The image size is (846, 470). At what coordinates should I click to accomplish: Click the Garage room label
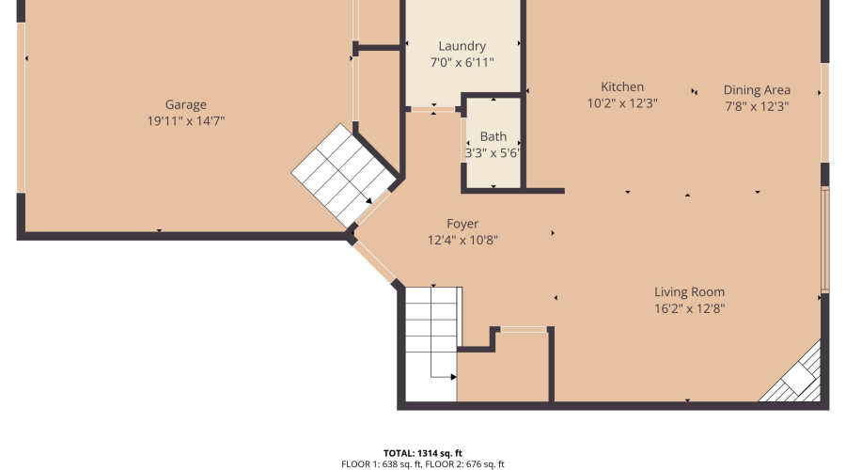point(185,104)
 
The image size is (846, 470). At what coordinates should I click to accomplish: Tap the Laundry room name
point(462,46)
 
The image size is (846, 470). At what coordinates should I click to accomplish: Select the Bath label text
point(493,136)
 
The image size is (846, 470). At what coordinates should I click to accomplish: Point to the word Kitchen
point(622,86)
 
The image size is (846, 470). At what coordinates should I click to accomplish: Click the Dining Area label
point(757,90)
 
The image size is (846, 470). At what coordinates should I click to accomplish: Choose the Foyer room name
point(462,224)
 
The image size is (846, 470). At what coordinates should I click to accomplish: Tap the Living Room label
point(689,292)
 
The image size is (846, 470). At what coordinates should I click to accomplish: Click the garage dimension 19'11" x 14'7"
point(185,121)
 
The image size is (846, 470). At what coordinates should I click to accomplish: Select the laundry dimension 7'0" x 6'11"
point(462,63)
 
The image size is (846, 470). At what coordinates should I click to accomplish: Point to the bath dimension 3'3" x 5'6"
point(493,153)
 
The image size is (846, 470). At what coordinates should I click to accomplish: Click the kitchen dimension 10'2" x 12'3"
point(622,103)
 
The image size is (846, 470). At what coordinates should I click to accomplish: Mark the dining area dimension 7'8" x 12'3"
point(757,106)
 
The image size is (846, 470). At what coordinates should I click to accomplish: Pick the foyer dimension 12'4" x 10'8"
point(462,240)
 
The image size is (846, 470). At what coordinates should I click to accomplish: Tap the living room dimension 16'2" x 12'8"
point(689,308)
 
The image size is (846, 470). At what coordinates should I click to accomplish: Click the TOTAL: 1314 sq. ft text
point(422,453)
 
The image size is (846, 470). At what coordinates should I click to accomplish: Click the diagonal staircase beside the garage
point(343,176)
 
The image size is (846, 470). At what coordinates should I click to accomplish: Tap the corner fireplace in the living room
point(790,371)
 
